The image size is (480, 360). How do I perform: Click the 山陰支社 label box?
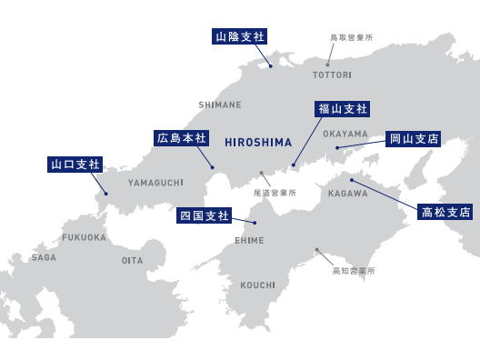tap(239, 36)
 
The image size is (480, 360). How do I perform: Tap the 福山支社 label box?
tap(343, 109)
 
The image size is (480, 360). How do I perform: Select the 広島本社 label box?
tap(182, 138)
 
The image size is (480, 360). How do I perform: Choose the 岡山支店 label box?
tap(414, 139)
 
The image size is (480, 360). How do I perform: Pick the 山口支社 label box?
tap(75, 165)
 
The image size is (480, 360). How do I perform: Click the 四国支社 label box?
tap(205, 215)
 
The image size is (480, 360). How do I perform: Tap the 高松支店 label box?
tap(446, 212)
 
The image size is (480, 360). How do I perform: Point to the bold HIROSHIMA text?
tap(258, 143)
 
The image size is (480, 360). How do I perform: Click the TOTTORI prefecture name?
tap(332, 75)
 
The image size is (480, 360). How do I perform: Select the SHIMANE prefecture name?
tap(220, 105)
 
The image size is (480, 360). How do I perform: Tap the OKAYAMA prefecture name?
tap(345, 134)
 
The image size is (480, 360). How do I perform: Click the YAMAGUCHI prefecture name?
tap(155, 183)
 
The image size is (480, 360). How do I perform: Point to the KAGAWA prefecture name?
tap(347, 194)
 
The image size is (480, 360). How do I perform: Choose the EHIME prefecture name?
tap(249, 240)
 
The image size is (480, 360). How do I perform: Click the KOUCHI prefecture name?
tap(257, 285)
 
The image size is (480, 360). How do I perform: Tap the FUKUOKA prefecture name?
tap(84, 237)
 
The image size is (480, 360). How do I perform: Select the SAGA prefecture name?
tap(44, 257)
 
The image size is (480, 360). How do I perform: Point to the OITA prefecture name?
tap(132, 260)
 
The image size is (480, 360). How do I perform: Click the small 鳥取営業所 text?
tap(351, 37)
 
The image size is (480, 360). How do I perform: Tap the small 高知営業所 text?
tap(353, 271)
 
